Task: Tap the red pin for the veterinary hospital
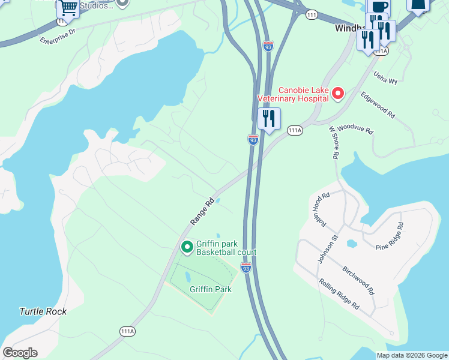[x=338, y=93]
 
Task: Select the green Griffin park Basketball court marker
[x=187, y=247]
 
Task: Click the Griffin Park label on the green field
[x=211, y=289]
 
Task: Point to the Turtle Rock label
[x=43, y=311]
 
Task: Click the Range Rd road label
[x=202, y=212]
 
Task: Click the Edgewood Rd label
[x=378, y=104]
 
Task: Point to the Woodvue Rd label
[x=355, y=129]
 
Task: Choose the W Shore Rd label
[x=334, y=142]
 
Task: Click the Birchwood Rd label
[x=358, y=281]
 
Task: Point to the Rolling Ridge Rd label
[x=339, y=294]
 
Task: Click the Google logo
[x=20, y=353]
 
